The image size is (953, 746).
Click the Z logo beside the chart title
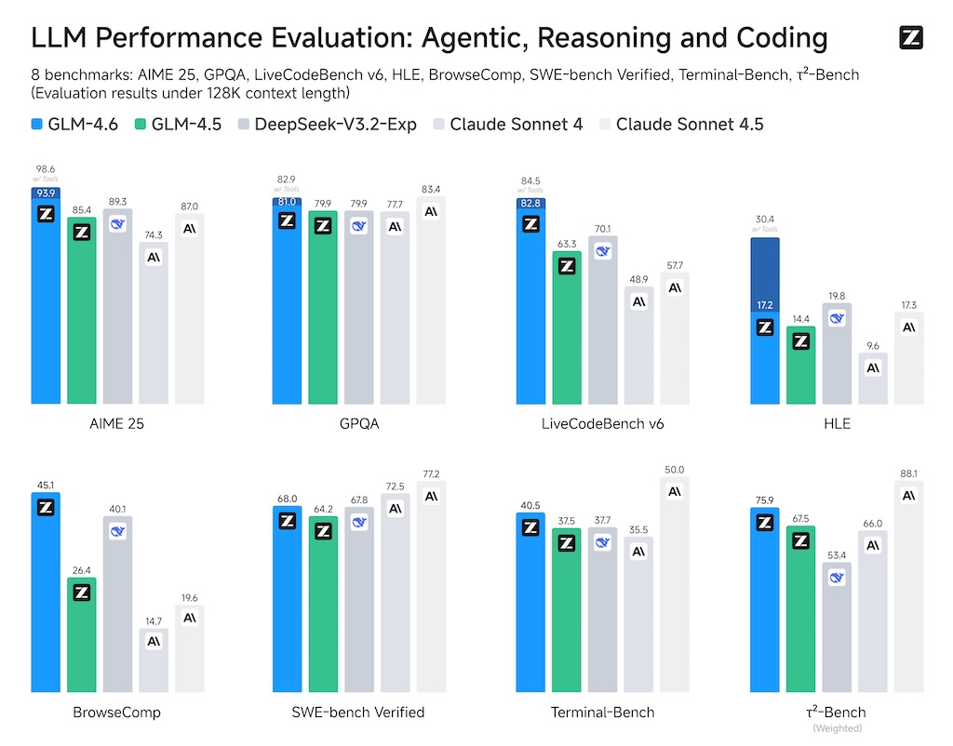click(911, 37)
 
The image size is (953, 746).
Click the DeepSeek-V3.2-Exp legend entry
click(327, 124)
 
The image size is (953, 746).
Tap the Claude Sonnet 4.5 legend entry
click(679, 124)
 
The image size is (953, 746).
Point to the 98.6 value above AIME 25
click(45, 168)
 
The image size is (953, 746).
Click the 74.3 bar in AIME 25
click(154, 326)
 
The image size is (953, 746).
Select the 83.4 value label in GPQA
click(430, 190)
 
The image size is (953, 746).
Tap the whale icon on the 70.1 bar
click(602, 251)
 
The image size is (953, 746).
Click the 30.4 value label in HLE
click(765, 220)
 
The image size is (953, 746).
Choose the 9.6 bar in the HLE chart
click(873, 380)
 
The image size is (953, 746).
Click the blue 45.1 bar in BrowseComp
click(45, 595)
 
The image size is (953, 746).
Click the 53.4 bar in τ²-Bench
click(837, 642)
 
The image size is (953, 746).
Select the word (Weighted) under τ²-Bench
click(836, 727)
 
